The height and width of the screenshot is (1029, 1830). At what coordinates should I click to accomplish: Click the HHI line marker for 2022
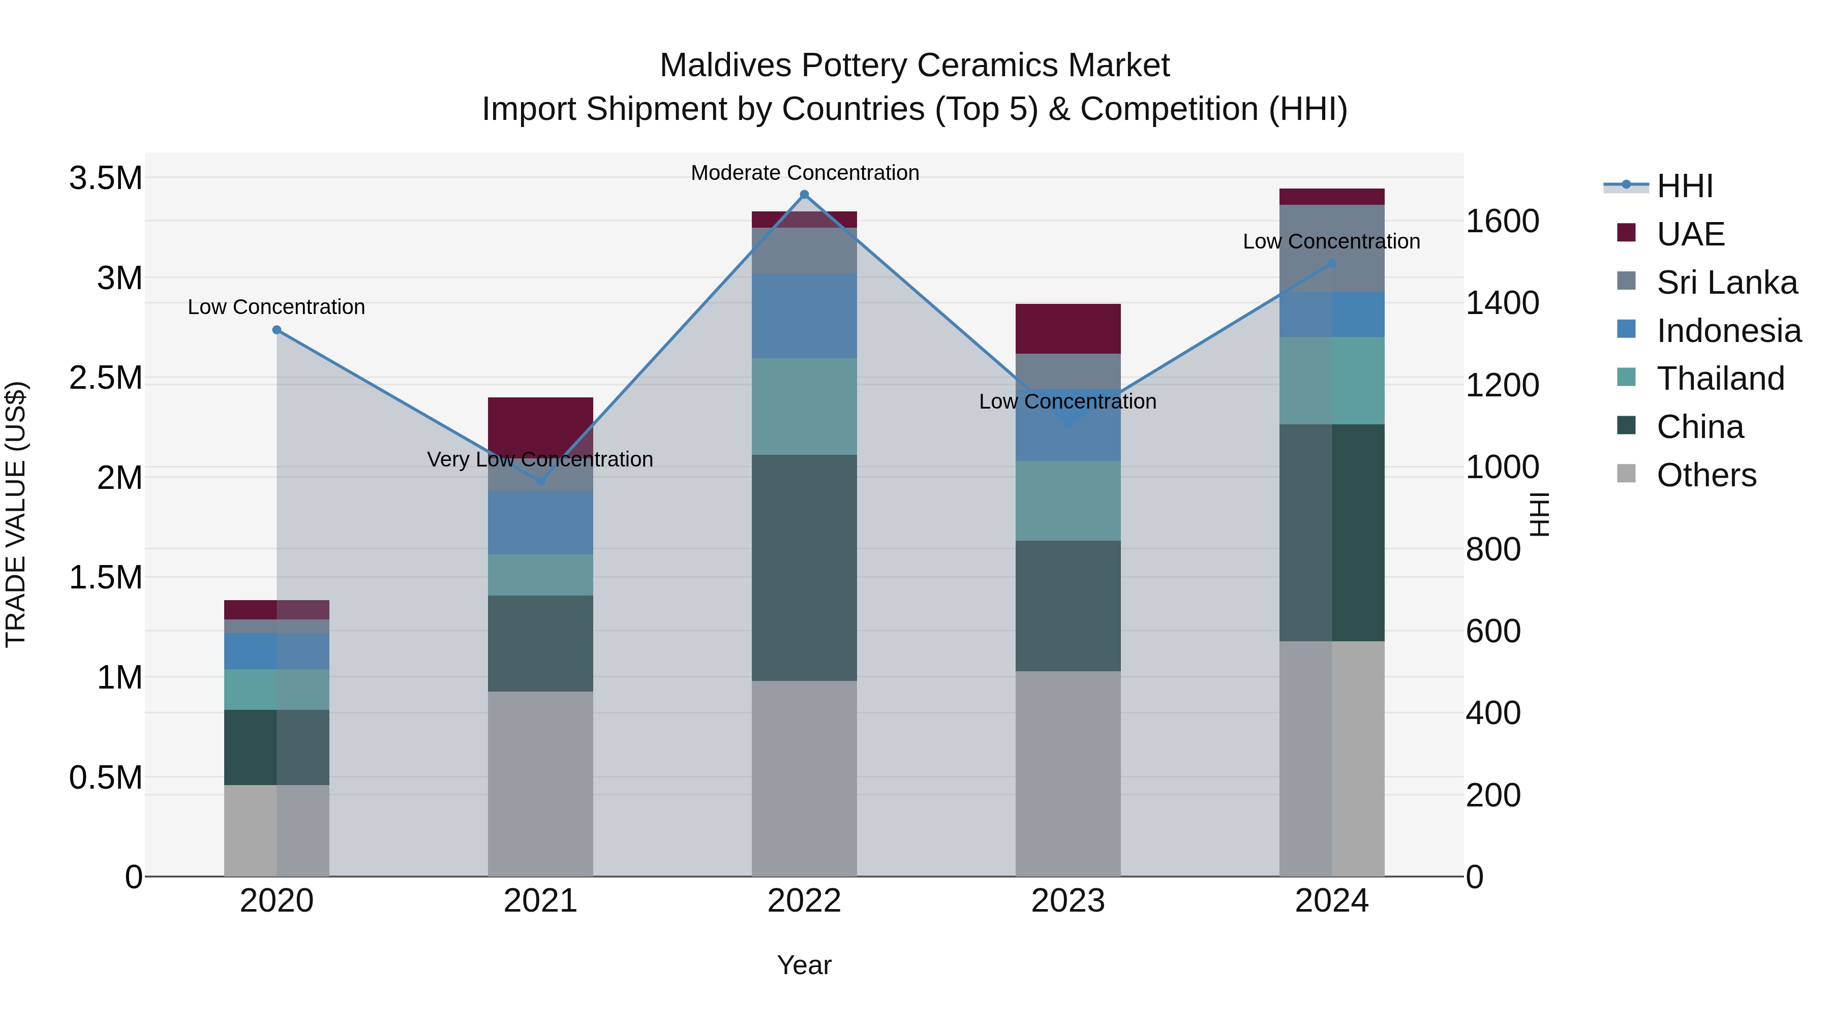[804, 195]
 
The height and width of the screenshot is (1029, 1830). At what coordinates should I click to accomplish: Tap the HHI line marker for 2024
[1332, 263]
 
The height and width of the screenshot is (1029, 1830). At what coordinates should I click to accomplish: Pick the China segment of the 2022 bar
[804, 568]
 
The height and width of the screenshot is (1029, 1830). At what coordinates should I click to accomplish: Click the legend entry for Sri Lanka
[1726, 283]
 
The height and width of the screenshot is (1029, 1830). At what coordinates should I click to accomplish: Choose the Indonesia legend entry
[1728, 331]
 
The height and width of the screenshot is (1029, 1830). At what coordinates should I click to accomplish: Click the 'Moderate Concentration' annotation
[805, 173]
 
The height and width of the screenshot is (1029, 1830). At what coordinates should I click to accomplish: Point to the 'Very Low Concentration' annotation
[540, 459]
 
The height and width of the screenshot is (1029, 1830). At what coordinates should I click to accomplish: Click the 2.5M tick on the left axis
[105, 378]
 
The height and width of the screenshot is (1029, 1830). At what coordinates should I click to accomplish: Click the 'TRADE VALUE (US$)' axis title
[16, 514]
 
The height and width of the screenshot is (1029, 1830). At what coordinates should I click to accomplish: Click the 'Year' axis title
[804, 965]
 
